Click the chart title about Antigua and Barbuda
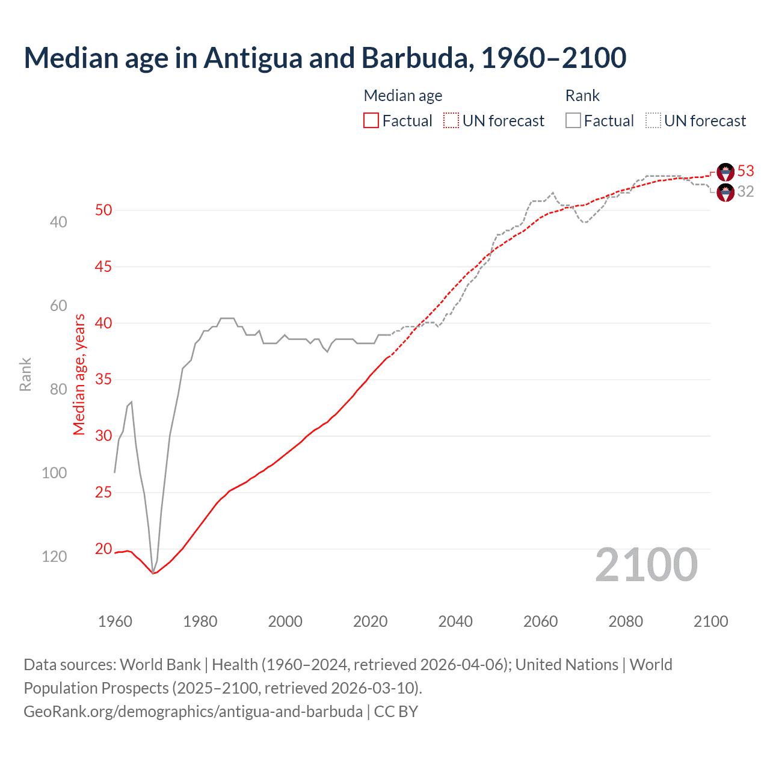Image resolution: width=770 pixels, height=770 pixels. pos(325,58)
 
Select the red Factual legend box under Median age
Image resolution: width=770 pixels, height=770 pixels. pos(371,121)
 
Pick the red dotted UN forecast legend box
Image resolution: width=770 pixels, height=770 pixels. pos(451,121)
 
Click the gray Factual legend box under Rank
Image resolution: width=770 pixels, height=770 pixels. pos(573,121)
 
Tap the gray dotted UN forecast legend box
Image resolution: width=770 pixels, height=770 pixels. pos(653,121)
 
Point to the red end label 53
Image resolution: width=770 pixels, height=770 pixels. pos(745,171)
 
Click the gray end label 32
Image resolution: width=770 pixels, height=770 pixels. pos(745,191)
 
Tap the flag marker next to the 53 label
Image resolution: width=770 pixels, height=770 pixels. pos(725,172)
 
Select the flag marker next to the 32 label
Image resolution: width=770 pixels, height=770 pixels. pos(725,192)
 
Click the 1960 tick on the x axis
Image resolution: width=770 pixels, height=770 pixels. pos(115,621)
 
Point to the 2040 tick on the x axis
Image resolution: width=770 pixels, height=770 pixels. pos(455,621)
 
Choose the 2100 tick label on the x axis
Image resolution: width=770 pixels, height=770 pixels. pos(710,621)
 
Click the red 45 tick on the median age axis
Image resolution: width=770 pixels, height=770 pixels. pos(103,266)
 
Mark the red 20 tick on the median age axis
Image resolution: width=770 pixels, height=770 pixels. pos(103,549)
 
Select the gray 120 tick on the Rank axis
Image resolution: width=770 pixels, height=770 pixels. pos(54,556)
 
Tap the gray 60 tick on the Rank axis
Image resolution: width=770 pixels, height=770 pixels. pos(58,306)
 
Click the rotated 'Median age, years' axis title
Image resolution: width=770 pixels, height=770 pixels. pos(79,374)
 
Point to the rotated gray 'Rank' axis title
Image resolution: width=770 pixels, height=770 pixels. pos(25,374)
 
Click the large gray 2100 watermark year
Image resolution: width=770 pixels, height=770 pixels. pos(646,565)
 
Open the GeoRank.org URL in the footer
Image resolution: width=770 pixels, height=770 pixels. pos(193,711)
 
